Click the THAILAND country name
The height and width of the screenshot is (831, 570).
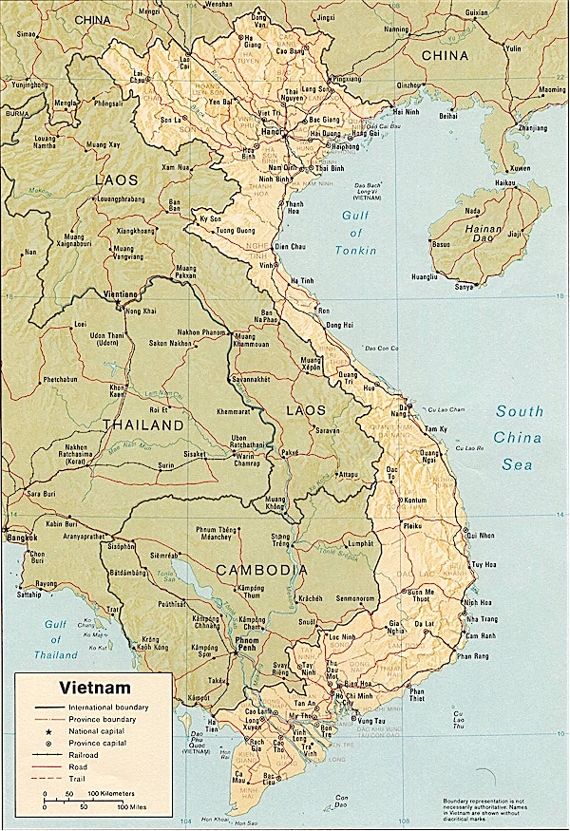coord(143,425)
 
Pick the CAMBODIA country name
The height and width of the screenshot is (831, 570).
coord(261,570)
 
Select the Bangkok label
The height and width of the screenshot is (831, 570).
coord(20,538)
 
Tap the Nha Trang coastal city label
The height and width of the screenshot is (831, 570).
coord(475,620)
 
